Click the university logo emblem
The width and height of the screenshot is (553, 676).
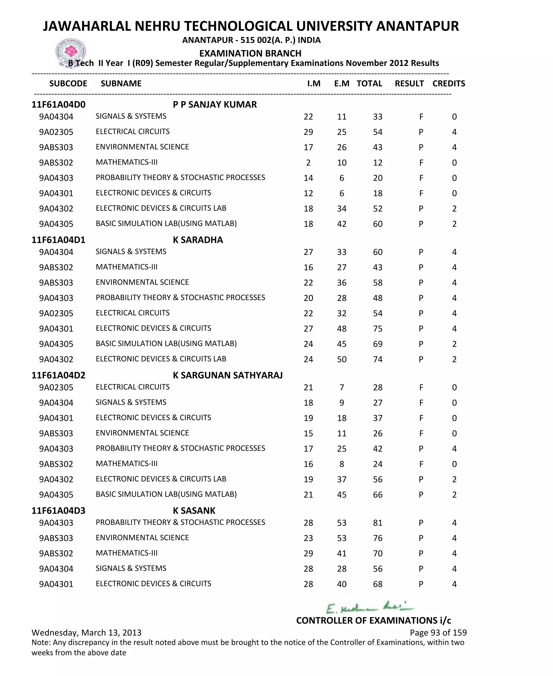pyautogui.click(x=70, y=52)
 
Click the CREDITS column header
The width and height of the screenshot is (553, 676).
pyautogui.click(x=449, y=83)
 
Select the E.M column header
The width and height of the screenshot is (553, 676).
pyautogui.click(x=342, y=83)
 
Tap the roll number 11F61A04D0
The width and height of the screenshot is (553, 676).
pyautogui.click(x=58, y=105)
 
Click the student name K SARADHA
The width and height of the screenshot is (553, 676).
pyautogui.click(x=198, y=240)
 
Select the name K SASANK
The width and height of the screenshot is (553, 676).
pyautogui.click(x=194, y=511)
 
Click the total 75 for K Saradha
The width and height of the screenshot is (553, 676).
pyautogui.click(x=377, y=329)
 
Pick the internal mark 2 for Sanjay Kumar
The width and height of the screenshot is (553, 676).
pyautogui.click(x=308, y=163)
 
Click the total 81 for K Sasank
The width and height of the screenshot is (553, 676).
pyautogui.click(x=377, y=523)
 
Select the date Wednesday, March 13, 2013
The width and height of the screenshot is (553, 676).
pyautogui.click(x=86, y=632)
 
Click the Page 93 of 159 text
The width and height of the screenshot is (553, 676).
pyautogui.click(x=438, y=632)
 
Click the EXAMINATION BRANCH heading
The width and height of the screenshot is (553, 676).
pyautogui.click(x=250, y=53)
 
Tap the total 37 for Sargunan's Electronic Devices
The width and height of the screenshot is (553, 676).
pyautogui.click(x=377, y=418)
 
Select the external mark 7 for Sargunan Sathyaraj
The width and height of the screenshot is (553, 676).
pyautogui.click(x=342, y=387)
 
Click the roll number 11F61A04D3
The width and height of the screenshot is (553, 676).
pyautogui.click(x=58, y=511)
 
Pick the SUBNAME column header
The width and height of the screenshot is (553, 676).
pyautogui.click(x=121, y=83)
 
